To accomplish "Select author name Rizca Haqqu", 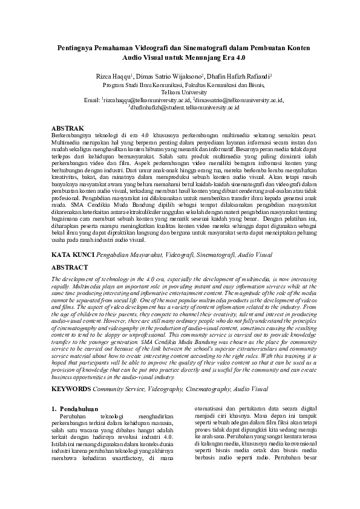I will click(x=130, y=78).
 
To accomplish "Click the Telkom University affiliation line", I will click(x=180, y=92).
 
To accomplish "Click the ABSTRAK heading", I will click(x=68, y=129).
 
